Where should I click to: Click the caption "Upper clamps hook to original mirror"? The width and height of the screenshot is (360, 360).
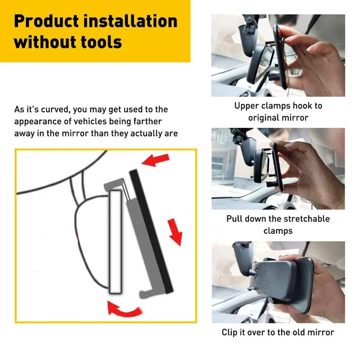coord(278,112)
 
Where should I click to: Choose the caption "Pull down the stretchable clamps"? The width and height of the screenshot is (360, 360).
coord(278,224)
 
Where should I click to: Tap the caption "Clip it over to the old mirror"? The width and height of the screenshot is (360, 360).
coord(278,332)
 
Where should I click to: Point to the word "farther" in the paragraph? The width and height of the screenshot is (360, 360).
coord(146,121)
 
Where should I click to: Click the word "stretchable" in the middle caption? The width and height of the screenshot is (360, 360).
coord(307,219)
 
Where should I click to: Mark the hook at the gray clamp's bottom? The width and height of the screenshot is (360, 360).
coord(145,293)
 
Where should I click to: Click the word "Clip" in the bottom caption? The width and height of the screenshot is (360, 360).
coord(229,332)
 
